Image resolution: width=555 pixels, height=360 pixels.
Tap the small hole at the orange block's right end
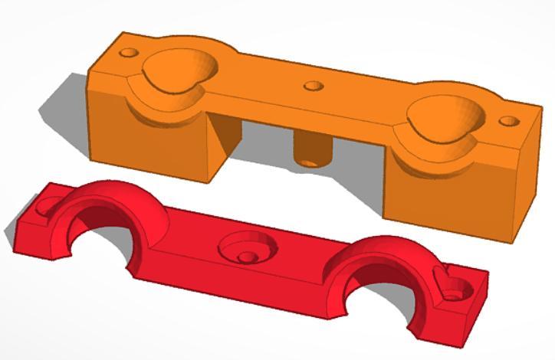pyautogui.click(x=507, y=121)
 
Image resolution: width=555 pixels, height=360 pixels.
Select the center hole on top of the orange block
pyautogui.click(x=312, y=85)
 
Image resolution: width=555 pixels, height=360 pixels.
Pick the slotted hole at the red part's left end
pyautogui.click(x=48, y=206)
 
